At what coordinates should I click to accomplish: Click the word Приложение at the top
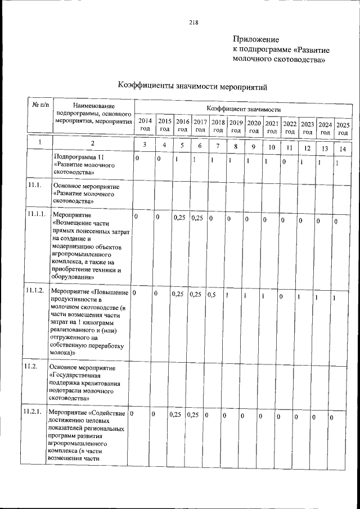[256, 39]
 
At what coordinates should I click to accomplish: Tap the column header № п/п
[40, 105]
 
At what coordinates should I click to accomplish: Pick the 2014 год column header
[145, 124]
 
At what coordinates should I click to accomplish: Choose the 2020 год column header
[254, 127]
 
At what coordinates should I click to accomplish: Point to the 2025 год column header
[343, 128]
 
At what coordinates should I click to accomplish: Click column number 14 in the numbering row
[343, 149]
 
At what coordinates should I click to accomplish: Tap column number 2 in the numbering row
[93, 143]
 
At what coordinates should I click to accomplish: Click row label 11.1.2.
[35, 290]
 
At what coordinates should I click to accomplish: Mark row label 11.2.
[31, 367]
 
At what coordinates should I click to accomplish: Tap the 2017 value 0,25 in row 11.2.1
[192, 415]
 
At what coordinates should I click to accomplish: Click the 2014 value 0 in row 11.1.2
[135, 293]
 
